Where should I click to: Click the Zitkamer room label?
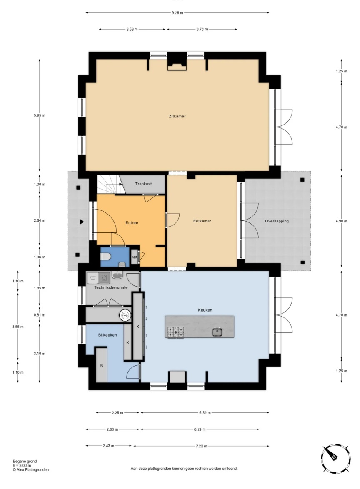point(177,116)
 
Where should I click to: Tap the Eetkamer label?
point(202,221)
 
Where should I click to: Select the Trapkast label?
point(143,184)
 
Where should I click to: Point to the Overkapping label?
point(277,221)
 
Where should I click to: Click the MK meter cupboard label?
point(135,257)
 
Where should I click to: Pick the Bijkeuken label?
point(107,335)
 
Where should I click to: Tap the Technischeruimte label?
point(111,287)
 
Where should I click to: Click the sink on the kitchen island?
point(217,332)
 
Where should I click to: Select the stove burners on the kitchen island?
point(176,332)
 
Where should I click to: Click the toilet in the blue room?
point(106,257)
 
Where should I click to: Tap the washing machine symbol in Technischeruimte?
point(104,277)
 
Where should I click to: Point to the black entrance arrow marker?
point(82,222)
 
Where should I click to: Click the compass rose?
point(335,458)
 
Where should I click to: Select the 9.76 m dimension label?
point(177,13)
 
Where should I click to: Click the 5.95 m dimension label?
point(39,115)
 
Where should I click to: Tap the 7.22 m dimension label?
point(201,446)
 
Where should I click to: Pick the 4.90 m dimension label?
point(341,221)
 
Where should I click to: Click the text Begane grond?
point(25,461)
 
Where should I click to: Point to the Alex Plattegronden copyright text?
point(30,470)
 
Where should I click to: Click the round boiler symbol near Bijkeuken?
point(125,316)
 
